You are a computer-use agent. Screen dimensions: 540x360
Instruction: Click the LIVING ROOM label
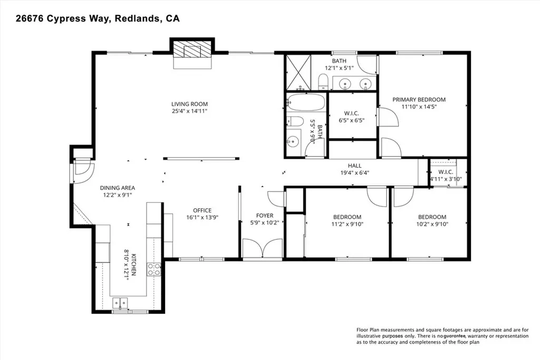(189, 104)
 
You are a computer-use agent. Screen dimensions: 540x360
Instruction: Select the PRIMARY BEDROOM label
(419, 100)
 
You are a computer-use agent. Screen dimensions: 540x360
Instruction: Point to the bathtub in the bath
(306, 102)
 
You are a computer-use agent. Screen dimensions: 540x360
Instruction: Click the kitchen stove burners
(154, 269)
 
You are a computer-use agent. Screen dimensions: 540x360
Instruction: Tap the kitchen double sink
(120, 303)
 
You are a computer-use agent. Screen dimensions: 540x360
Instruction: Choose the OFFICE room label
(202, 210)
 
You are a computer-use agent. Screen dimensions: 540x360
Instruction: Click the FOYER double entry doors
(263, 248)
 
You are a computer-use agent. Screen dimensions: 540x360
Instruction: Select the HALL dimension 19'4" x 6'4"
(355, 173)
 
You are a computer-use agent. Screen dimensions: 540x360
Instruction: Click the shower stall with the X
(298, 72)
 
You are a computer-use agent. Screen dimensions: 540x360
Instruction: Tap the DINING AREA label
(118, 188)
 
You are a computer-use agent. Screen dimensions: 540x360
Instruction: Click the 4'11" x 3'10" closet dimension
(446, 179)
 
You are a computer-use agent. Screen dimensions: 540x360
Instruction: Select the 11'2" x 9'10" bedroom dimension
(347, 224)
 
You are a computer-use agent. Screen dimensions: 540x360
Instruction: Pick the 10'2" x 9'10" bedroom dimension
(432, 224)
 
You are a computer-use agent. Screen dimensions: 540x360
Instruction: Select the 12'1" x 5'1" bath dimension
(339, 68)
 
